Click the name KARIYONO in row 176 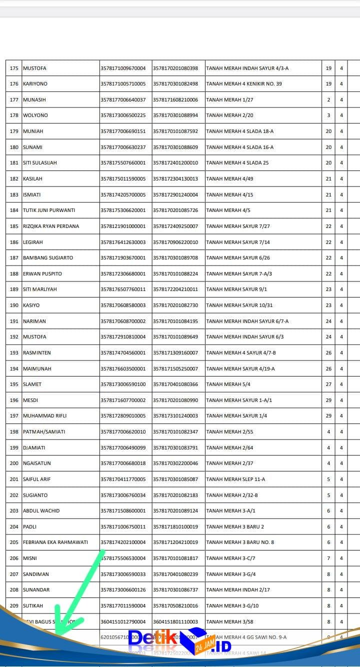tap(35, 84)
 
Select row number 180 tap(14, 147)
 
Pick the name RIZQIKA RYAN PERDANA tap(51, 226)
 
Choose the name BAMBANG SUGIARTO tap(48, 258)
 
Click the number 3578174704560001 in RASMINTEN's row tap(123, 353)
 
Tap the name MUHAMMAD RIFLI tap(44, 416)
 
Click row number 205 tap(14, 542)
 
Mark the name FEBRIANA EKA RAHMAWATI tap(55, 542)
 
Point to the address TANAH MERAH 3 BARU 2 tap(235, 527)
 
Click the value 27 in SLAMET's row tap(328, 384)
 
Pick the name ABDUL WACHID tap(41, 511)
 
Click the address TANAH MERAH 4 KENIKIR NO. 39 tap(244, 84)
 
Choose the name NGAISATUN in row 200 tap(37, 463)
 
